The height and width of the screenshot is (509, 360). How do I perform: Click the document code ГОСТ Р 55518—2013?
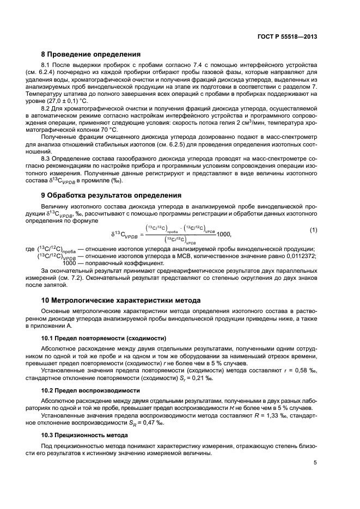pyautogui.click(x=287, y=36)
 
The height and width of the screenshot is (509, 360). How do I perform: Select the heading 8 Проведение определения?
pyautogui.click(x=91, y=54)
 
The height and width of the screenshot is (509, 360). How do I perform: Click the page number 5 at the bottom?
pyautogui.click(x=315, y=463)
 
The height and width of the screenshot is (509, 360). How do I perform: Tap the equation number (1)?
pyautogui.click(x=314, y=230)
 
